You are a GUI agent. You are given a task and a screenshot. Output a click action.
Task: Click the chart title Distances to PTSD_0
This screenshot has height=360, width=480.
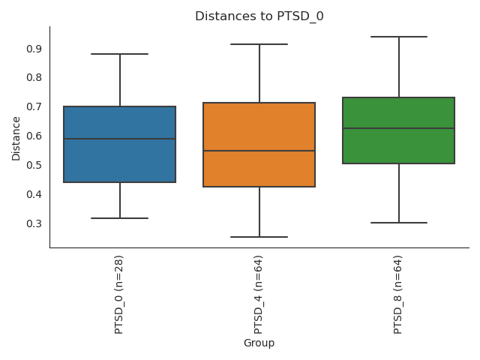coord(259,16)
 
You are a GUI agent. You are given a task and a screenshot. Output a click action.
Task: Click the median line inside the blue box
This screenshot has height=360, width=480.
coord(120,139)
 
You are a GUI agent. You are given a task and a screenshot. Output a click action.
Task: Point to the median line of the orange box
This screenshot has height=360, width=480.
coord(259,151)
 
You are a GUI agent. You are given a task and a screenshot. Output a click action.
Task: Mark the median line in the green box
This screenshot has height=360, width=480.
coord(399,128)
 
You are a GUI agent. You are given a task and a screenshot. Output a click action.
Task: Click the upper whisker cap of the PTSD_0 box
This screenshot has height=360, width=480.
coord(120,54)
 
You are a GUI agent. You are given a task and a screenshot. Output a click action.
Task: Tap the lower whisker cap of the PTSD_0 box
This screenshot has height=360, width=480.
coord(120,218)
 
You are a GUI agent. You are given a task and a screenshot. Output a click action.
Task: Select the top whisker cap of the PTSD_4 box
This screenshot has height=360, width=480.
coord(259,44)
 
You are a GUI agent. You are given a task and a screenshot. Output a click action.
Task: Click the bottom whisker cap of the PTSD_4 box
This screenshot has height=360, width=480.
coord(259,237)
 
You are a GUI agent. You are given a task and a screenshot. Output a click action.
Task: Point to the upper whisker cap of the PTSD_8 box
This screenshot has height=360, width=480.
coord(399,37)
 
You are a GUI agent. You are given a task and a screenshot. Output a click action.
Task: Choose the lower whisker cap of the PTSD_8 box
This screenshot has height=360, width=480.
coord(399,223)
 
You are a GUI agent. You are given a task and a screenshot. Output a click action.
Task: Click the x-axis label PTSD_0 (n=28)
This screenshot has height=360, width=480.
coord(119,293)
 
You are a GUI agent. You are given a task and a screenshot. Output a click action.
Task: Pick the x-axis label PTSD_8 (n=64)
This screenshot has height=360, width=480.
coord(398,293)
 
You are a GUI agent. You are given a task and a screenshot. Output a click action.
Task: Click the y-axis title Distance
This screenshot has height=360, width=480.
coord(16,137)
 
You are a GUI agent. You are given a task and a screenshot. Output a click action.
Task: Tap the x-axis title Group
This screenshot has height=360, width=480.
coord(259,343)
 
